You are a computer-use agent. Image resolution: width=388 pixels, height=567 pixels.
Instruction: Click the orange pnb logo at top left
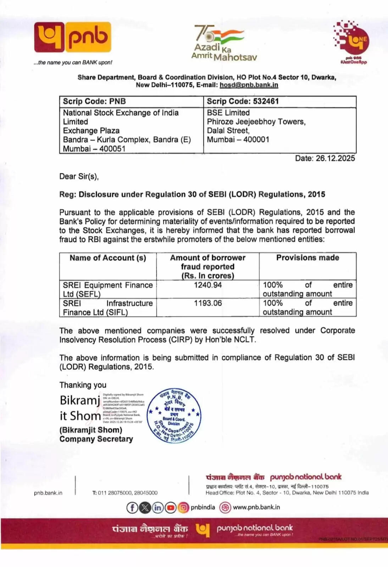tap(72, 37)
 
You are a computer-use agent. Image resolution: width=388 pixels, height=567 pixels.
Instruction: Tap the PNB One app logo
tap(351, 41)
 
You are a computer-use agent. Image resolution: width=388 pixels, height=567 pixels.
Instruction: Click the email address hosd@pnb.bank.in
tap(249, 85)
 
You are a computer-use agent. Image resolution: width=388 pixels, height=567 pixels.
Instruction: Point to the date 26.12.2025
tap(335, 158)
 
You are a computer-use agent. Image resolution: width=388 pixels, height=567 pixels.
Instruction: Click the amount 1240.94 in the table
tap(208, 285)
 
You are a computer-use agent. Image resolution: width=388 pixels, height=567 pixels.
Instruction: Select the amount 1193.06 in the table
tap(208, 303)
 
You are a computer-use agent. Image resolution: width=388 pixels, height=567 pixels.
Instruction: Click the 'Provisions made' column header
tap(307, 258)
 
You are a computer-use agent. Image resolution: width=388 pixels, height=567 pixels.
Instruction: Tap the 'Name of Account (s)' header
tap(108, 258)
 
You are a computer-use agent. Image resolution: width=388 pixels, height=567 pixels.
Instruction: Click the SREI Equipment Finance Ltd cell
tap(107, 290)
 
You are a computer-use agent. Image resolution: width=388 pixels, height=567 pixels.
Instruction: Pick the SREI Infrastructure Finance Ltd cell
tap(107, 308)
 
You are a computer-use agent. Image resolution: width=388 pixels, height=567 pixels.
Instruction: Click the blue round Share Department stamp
tap(174, 415)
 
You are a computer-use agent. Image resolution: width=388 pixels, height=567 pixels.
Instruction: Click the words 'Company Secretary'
tap(96, 439)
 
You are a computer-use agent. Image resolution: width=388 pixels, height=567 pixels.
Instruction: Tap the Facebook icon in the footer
tap(132, 507)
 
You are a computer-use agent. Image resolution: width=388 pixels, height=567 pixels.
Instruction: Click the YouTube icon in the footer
tap(171, 507)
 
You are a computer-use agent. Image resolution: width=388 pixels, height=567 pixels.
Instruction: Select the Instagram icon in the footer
tap(183, 507)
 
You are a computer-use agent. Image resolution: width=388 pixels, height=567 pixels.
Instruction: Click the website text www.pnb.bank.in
tap(256, 507)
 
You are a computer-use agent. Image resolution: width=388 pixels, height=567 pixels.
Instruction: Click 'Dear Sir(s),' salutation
tap(79, 176)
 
